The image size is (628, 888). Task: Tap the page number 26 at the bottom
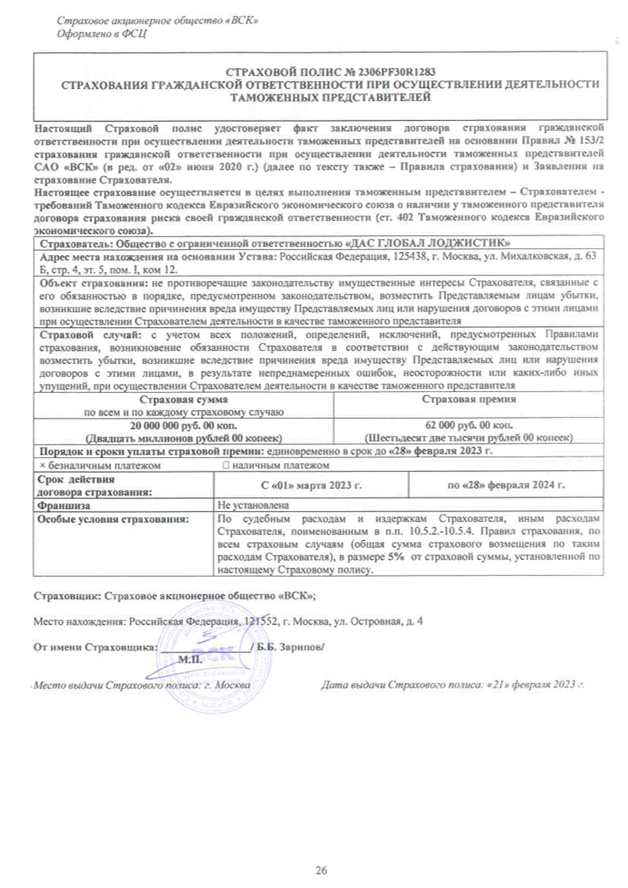point(321,870)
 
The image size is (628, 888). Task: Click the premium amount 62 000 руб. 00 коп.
point(469,425)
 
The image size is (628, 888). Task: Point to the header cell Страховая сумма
point(183,400)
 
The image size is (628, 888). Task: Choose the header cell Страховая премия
point(469,399)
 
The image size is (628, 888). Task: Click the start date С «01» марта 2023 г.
point(311,485)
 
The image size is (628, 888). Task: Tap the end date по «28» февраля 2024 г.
point(506,485)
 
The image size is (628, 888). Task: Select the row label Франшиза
point(63,506)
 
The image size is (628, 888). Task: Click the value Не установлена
point(253,506)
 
